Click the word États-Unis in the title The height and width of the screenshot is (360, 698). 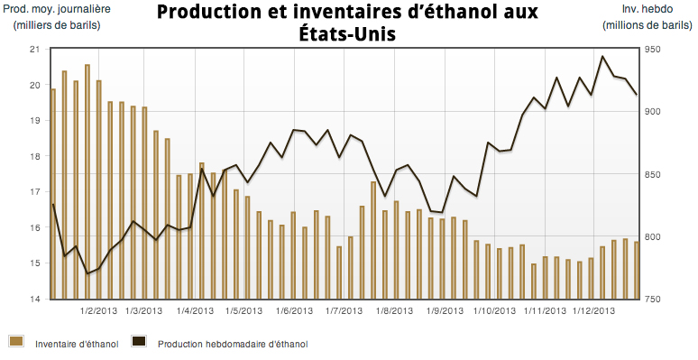click(346, 35)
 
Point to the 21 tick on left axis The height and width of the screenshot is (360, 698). click(35, 49)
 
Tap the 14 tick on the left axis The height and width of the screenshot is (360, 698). click(35, 299)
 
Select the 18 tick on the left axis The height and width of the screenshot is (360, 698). click(35, 156)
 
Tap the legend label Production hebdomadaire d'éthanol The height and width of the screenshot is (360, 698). click(232, 344)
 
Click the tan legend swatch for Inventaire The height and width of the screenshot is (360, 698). click(16, 342)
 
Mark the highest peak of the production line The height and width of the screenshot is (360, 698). click(602, 57)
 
